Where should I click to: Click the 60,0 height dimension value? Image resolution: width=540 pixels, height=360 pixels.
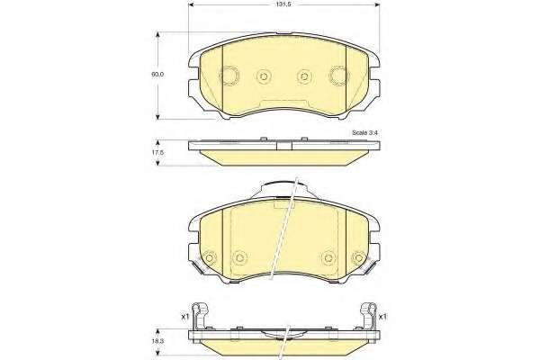click(x=158, y=75)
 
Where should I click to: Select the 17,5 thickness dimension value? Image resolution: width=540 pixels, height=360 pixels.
click(x=157, y=152)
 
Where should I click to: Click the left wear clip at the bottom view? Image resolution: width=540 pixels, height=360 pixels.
click(x=201, y=316)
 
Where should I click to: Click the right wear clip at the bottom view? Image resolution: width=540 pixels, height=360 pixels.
click(x=368, y=316)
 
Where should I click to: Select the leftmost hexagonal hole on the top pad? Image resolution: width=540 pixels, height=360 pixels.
click(x=229, y=75)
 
